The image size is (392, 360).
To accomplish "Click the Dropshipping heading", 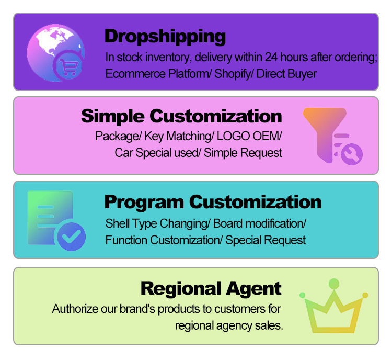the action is pos(165,37).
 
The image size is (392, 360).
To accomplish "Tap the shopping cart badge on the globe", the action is pos(68,66).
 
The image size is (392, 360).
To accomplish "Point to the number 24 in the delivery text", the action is pos(271,57).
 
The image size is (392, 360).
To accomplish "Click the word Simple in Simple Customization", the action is pos(113,117).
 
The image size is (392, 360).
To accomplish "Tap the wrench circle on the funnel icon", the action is pos(352,154).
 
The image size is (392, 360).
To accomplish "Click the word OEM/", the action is pos(267,136).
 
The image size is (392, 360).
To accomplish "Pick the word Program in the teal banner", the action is pos(144,203).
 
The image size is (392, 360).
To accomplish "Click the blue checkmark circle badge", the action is pos(72,237).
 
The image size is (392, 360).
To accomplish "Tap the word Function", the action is pos(126,240).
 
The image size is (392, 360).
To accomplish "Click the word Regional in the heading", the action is pos(181,289).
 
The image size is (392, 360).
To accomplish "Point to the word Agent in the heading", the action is pos(253,289).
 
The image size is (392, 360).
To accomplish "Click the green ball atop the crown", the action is pos(334,284).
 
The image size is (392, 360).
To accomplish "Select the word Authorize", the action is pos(75,309).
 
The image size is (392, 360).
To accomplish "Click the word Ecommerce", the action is pos(135,74).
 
